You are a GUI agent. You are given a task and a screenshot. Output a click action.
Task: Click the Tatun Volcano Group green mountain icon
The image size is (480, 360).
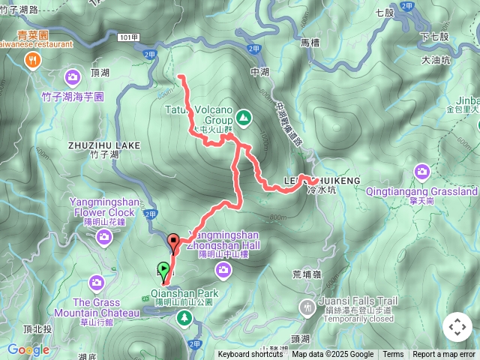[x=243, y=117]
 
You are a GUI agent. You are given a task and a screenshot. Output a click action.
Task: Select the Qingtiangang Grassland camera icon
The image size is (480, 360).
[x=422, y=172]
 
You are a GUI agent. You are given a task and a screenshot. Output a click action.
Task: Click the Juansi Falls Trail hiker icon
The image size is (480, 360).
[x=306, y=307]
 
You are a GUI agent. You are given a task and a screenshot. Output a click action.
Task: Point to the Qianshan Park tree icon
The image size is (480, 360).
[x=184, y=319]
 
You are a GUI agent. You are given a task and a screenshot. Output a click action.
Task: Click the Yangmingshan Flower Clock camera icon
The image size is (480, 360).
[x=103, y=237]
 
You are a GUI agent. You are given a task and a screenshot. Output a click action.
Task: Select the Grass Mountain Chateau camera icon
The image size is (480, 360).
[x=96, y=282]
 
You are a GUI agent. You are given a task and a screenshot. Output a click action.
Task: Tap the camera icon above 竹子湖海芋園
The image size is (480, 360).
[x=73, y=76]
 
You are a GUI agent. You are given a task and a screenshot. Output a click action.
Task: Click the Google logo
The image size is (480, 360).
[x=28, y=349]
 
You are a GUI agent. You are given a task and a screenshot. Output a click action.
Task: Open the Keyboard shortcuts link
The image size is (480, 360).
[x=250, y=355]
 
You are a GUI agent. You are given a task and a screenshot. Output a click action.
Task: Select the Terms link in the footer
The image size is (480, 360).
[x=393, y=355]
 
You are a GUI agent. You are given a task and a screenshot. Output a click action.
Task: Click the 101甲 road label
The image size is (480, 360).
[x=128, y=37]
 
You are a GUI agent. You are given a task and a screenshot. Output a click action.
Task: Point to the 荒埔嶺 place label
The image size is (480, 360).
[x=307, y=275]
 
